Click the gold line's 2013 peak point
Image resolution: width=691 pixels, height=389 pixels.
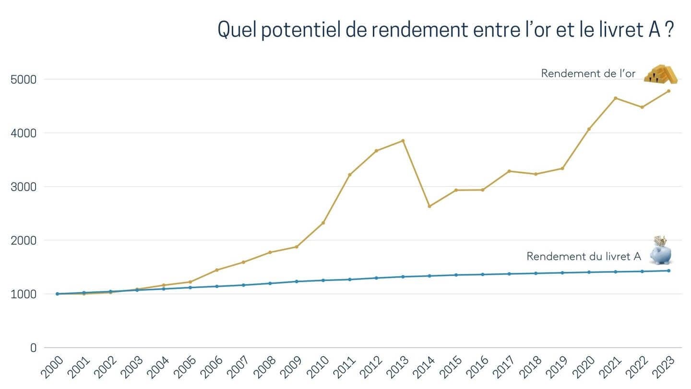[x=403, y=141]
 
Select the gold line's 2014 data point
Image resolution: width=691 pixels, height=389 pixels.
[x=429, y=206]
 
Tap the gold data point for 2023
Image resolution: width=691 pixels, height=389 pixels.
[x=668, y=91]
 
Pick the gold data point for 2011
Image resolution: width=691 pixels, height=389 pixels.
[x=350, y=175]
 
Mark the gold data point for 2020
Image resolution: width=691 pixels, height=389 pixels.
[x=589, y=129]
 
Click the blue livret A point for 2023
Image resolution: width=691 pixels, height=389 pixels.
[x=668, y=271]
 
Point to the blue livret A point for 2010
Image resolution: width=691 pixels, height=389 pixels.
[x=323, y=280]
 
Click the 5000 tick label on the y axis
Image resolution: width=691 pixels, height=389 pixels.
[x=24, y=79]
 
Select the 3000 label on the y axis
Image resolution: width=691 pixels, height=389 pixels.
[x=24, y=187]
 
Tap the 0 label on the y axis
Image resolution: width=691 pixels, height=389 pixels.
[x=33, y=348]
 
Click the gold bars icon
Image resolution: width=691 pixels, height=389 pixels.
[x=660, y=74]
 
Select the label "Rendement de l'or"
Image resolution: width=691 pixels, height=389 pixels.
[x=588, y=74]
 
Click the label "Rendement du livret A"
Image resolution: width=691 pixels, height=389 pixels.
[x=584, y=256]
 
